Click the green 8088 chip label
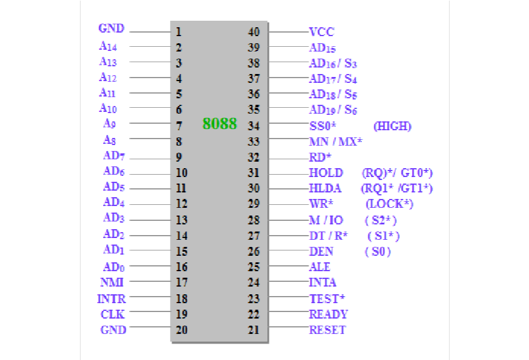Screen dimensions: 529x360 (220, 124)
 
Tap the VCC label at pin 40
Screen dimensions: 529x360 (322, 32)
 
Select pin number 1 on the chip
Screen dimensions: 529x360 (178, 32)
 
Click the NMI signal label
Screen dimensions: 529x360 (112, 282)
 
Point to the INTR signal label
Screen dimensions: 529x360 (111, 298)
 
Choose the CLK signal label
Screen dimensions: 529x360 (113, 314)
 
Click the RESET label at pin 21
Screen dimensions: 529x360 (327, 330)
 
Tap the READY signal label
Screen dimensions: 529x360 (328, 314)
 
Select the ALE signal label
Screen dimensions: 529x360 (319, 267)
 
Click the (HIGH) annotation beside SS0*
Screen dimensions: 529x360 (392, 126)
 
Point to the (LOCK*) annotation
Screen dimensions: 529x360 (389, 204)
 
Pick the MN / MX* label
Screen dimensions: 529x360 (335, 142)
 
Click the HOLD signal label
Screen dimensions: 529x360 (326, 172)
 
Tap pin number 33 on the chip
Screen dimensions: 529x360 (254, 142)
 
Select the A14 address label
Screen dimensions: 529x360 (108, 46)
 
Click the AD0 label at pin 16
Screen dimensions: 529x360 (114, 267)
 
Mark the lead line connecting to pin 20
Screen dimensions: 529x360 (150, 327)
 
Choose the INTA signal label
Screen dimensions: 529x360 (322, 282)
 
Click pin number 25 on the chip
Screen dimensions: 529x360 (254, 267)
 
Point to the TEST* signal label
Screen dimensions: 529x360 (327, 298)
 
